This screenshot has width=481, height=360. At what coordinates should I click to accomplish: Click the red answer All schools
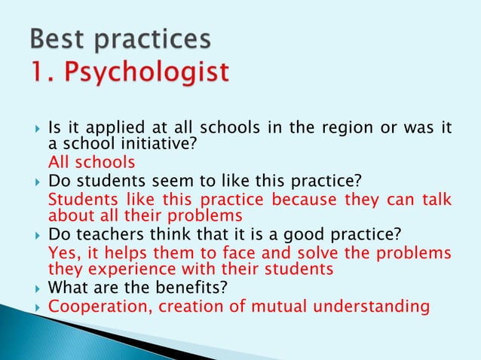click(91, 162)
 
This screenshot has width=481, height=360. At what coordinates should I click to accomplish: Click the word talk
click(436, 200)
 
